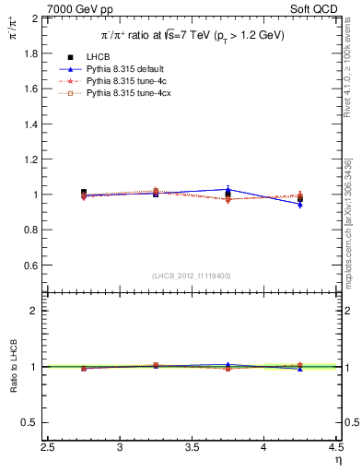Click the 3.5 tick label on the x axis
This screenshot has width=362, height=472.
[192, 448]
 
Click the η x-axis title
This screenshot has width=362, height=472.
[338, 460]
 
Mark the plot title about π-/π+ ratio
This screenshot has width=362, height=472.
[193, 35]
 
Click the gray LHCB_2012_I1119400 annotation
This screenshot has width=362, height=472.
[192, 276]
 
